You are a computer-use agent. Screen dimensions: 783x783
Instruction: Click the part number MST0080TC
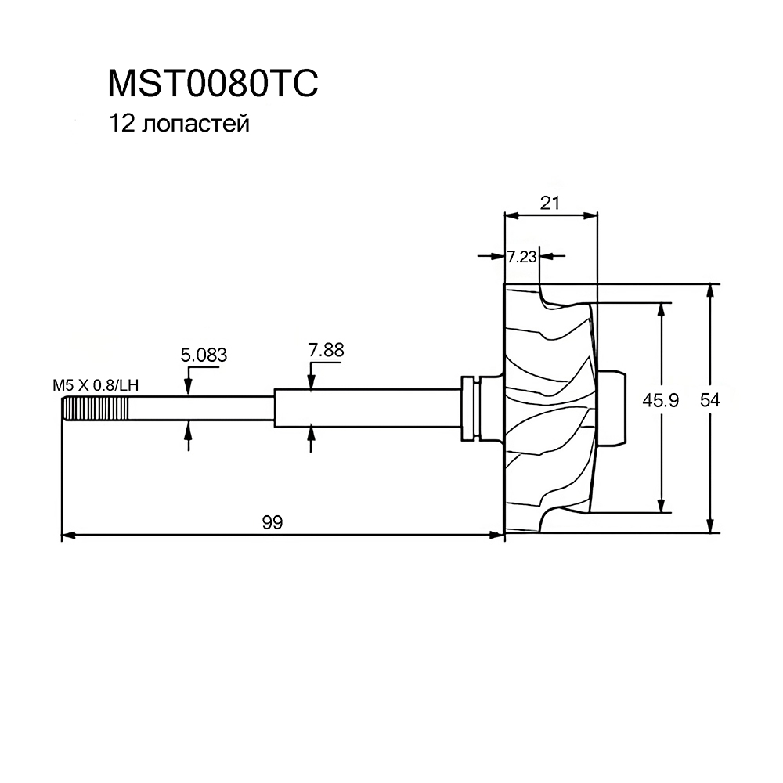(x=213, y=84)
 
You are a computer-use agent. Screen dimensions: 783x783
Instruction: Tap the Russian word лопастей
(x=195, y=124)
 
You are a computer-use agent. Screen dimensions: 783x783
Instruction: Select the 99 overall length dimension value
(x=272, y=522)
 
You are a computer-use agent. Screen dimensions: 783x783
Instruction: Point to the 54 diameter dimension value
(x=709, y=400)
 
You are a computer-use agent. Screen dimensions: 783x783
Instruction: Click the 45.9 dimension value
(x=660, y=400)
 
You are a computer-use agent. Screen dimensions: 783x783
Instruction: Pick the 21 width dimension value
(x=550, y=203)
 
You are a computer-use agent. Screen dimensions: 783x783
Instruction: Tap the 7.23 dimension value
(x=521, y=257)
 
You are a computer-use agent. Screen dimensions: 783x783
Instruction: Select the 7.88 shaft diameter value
(x=326, y=350)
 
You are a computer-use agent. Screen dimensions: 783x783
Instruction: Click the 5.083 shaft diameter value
(x=204, y=355)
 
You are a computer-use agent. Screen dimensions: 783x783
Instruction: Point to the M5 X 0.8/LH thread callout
(x=96, y=385)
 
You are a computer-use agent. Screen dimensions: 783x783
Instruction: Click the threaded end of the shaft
(x=95, y=409)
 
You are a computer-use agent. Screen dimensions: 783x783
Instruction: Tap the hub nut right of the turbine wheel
(x=611, y=407)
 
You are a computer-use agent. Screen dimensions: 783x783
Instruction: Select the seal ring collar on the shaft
(x=470, y=409)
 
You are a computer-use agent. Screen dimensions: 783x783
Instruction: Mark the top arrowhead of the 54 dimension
(x=709, y=291)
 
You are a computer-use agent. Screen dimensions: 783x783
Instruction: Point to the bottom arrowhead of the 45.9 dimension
(x=662, y=505)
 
